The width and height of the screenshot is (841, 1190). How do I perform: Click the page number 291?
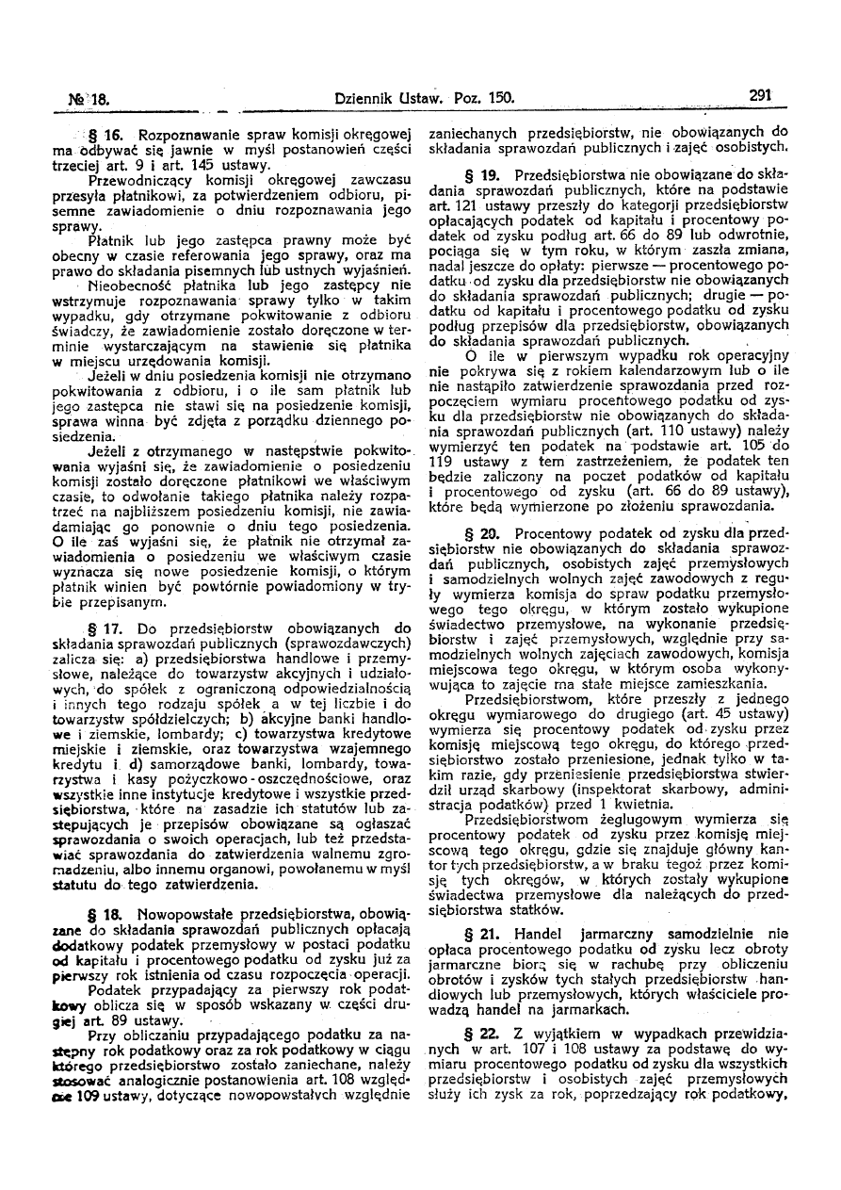(x=761, y=95)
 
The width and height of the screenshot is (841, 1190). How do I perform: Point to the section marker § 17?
(x=128, y=628)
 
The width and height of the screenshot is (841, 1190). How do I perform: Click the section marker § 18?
(x=127, y=914)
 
